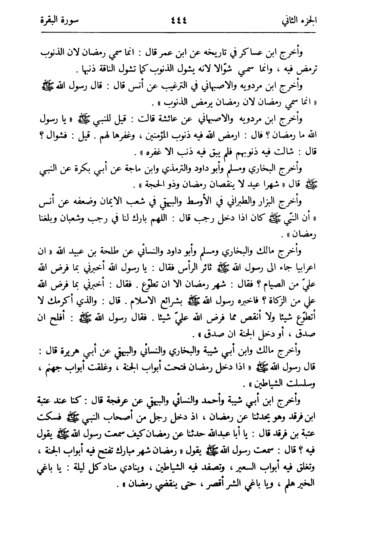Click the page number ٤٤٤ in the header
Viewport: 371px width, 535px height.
coord(186,19)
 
